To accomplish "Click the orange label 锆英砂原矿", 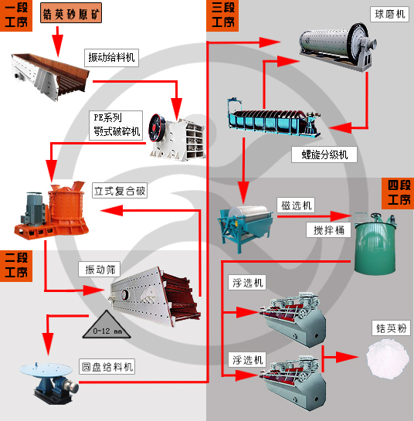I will tap(70, 15).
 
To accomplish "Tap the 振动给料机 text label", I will tap(111, 56).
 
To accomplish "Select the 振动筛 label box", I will tap(100, 270).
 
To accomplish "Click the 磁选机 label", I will tap(296, 205).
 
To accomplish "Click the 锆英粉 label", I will tap(390, 328).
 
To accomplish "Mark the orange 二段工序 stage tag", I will tap(16, 265).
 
